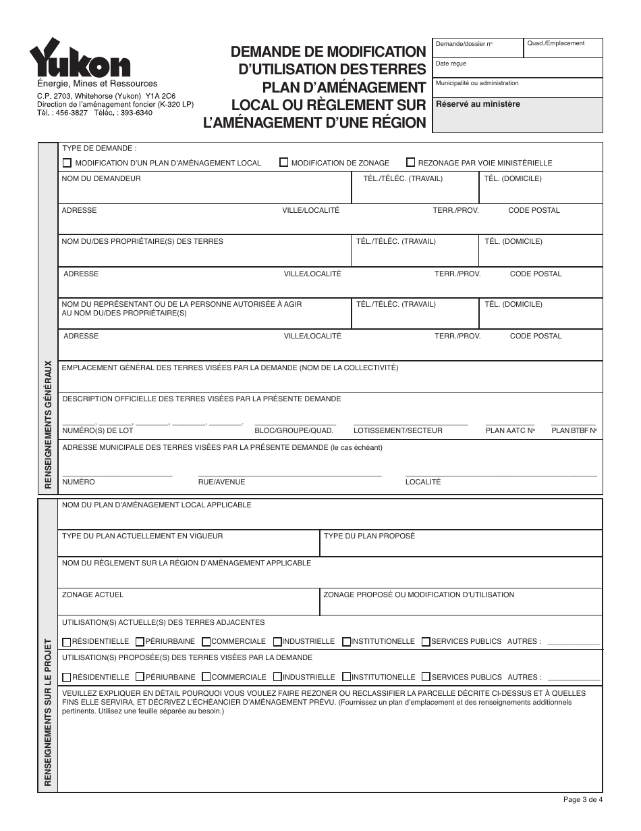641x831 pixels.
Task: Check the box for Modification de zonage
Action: tap(284, 162)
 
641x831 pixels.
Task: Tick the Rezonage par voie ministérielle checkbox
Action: tap(410, 162)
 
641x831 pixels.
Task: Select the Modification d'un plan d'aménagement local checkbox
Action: tap(67, 163)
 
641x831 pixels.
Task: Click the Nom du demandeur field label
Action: tap(101, 179)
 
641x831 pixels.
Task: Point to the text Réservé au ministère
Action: tap(478, 104)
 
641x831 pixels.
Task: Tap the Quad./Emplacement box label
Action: tap(556, 43)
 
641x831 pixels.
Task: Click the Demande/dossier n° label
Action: tap(464, 44)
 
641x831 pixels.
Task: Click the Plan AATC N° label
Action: tap(510, 430)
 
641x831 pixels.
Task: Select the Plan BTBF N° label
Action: tap(574, 430)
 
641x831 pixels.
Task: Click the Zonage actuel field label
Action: tap(92, 595)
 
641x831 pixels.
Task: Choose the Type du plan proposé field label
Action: tap(369, 536)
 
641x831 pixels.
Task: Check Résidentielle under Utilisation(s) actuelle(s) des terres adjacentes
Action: tap(67, 642)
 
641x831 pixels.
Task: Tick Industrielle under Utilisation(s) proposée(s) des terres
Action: tap(277, 677)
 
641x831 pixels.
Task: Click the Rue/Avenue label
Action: tap(221, 482)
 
